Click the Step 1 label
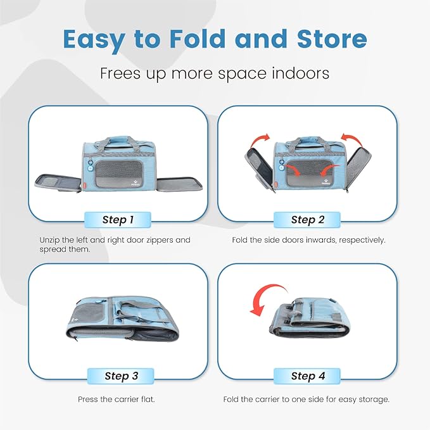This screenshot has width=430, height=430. [x=118, y=220]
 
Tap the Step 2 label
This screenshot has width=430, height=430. [x=308, y=220]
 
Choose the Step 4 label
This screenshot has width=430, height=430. [x=308, y=376]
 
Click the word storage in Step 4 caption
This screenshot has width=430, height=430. [x=374, y=400]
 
